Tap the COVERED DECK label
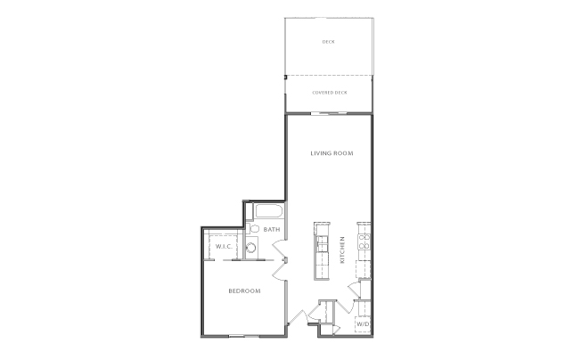point(329,93)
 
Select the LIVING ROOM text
point(332,154)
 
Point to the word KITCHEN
point(343,250)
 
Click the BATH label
point(271,230)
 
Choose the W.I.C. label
point(223,246)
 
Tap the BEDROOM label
point(243,291)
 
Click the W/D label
point(363,324)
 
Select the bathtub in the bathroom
point(266,213)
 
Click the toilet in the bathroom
point(252,229)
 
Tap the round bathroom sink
point(252,250)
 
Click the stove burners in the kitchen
point(364,239)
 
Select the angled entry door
point(300,317)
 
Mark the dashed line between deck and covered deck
point(328,75)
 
